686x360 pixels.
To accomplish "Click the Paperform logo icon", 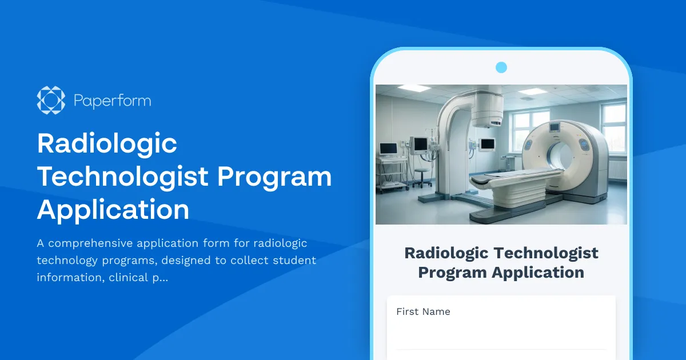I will pyautogui.click(x=51, y=100).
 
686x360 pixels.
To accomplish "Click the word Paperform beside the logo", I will pyautogui.click(x=113, y=101).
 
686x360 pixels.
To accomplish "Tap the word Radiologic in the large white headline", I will pyautogui.click(x=107, y=144).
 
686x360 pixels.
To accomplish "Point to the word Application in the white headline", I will pyautogui.click(x=113, y=210).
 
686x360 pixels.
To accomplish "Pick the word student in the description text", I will pyautogui.click(x=294, y=261).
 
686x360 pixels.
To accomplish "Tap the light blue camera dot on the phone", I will pyautogui.click(x=501, y=67).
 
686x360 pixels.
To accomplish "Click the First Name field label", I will pyautogui.click(x=423, y=311).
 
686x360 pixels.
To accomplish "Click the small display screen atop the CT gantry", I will pyautogui.click(x=555, y=127).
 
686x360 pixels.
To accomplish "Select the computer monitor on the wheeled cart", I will pyautogui.click(x=389, y=149).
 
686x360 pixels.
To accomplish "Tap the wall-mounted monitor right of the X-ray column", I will pyautogui.click(x=487, y=145).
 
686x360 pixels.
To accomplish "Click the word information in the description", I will pyautogui.click(x=71, y=278).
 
